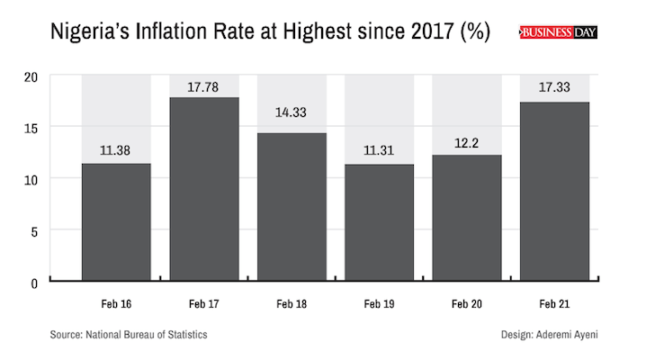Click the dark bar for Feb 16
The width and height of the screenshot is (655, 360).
click(x=116, y=222)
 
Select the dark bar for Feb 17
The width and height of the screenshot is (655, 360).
click(x=204, y=189)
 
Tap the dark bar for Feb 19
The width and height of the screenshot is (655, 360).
click(x=380, y=222)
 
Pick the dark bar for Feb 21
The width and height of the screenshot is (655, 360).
click(x=555, y=192)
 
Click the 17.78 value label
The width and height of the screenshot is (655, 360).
click(x=204, y=87)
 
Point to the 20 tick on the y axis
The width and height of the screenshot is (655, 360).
click(x=31, y=76)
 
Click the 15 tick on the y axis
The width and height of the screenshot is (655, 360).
click(x=31, y=128)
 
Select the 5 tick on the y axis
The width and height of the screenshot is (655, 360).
click(x=34, y=230)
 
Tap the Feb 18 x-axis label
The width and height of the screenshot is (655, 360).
click(x=292, y=305)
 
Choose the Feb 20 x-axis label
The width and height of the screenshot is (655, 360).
click(x=467, y=305)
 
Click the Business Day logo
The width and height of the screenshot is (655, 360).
click(x=559, y=32)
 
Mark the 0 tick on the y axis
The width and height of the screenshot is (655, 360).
click(x=34, y=283)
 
